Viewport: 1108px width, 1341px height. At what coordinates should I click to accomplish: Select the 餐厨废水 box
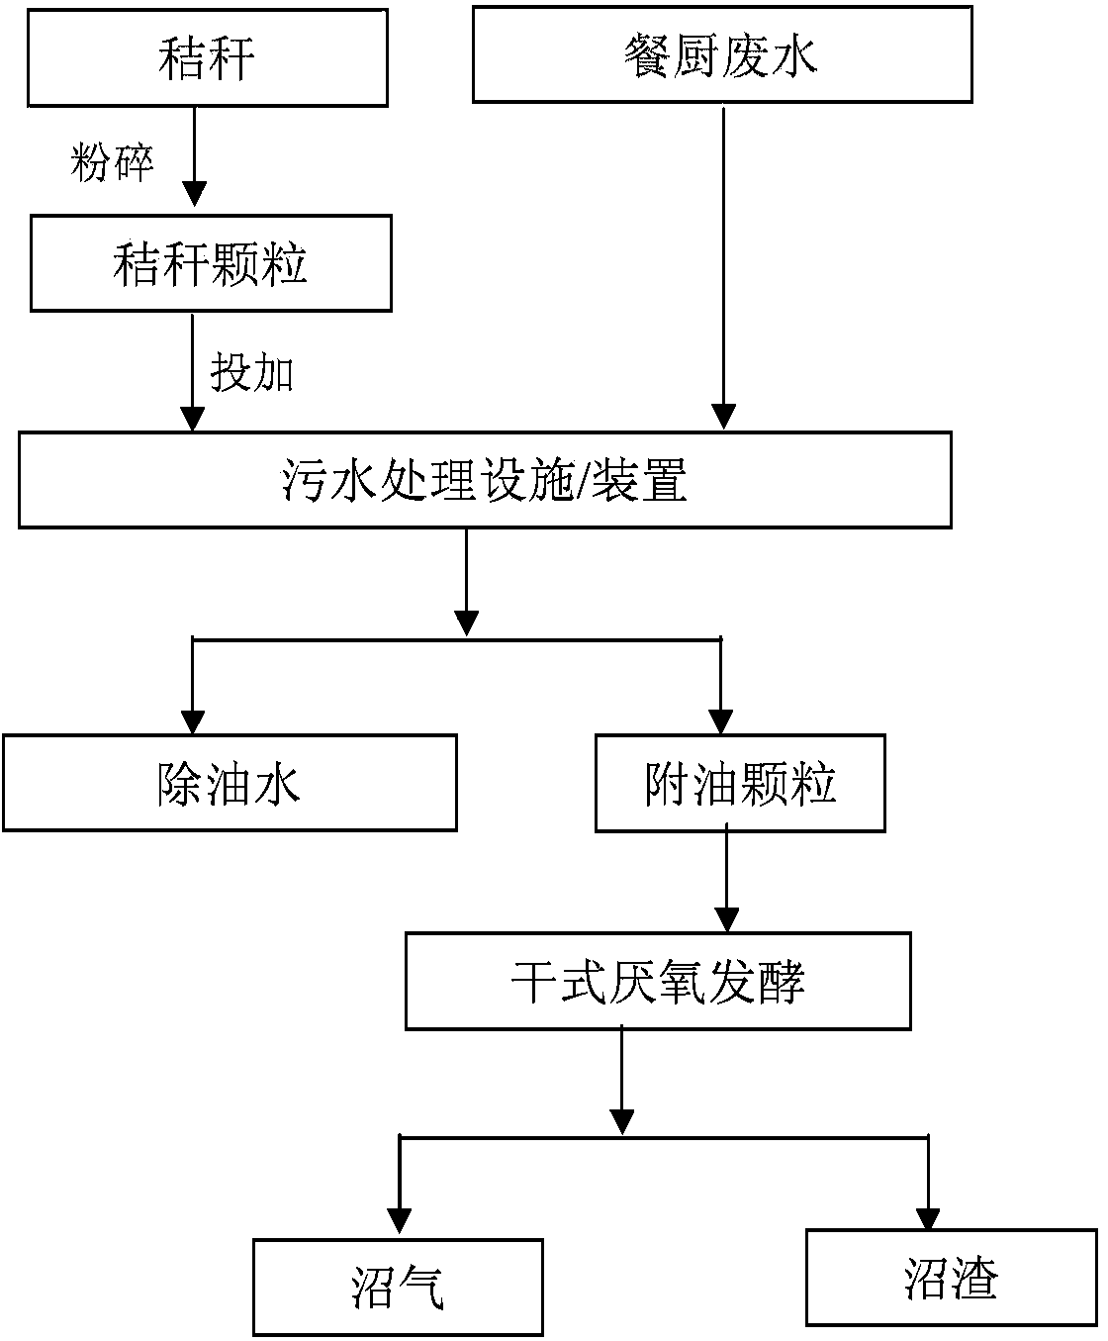click(721, 54)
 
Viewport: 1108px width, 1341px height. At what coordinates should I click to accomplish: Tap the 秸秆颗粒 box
click(211, 264)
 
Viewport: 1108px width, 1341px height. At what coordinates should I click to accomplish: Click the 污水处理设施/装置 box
click(485, 479)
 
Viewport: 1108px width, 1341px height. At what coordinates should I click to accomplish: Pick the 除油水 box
click(229, 782)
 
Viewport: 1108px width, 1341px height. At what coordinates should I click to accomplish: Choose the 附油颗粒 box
click(739, 782)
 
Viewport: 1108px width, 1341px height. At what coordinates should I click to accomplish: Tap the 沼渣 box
click(951, 1277)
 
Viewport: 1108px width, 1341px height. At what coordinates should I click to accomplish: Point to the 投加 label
click(251, 373)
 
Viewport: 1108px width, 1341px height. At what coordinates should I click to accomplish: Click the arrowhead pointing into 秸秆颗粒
click(194, 193)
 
